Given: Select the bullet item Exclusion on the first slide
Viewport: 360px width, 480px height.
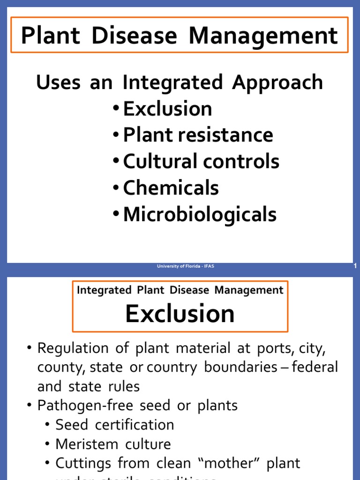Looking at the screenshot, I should (167, 109).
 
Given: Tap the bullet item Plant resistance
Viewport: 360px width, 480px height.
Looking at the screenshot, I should (198, 135).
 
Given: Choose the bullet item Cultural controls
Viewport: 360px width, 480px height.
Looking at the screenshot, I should (201, 162).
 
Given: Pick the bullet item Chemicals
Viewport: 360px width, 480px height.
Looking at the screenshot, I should (171, 188).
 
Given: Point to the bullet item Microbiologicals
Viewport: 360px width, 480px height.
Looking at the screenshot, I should (200, 215).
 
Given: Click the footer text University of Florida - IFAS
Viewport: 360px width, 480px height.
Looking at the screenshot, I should (186, 266).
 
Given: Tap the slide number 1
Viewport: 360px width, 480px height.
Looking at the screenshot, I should (355, 266).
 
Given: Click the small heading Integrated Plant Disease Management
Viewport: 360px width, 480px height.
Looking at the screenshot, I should (180, 290).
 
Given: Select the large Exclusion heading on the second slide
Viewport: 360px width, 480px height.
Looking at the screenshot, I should (180, 314).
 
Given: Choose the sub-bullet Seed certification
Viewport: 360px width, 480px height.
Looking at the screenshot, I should (114, 425).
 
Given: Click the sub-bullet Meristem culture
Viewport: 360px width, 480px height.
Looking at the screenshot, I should (113, 444).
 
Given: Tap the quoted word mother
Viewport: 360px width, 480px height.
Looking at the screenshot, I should (227, 463).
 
